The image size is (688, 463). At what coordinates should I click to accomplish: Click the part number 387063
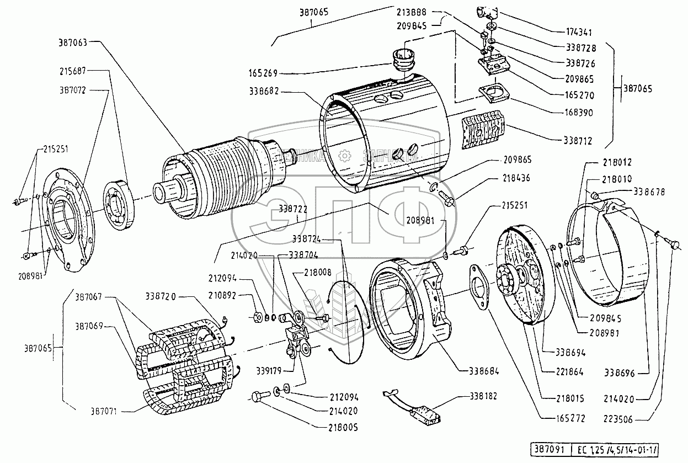pyautogui.click(x=74, y=41)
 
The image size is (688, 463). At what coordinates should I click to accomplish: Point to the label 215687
pyautogui.click(x=74, y=71)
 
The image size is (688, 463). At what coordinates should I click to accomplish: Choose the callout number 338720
pyautogui.click(x=162, y=296)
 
